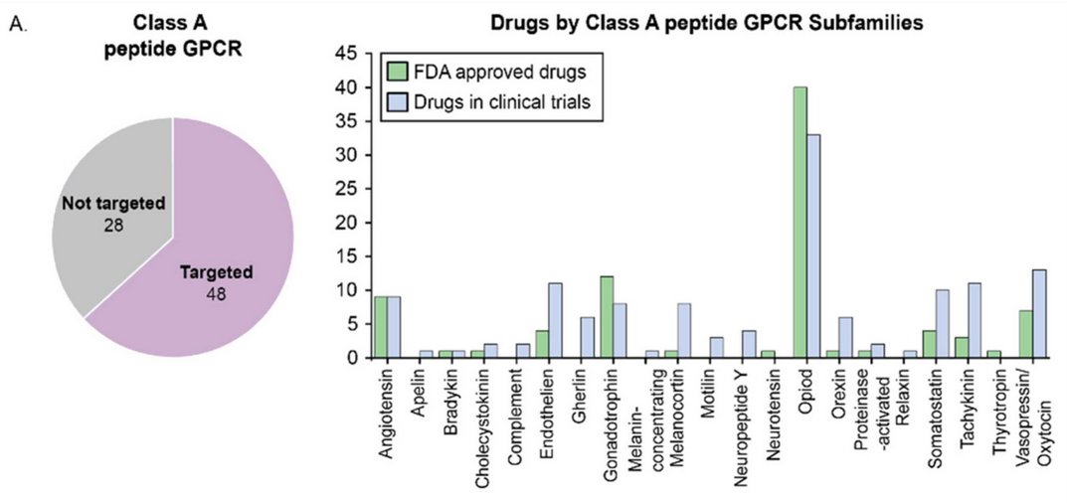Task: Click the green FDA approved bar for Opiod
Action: coord(800,223)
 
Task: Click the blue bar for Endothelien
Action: coord(556,321)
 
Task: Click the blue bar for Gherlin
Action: coord(588,338)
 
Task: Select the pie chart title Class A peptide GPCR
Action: coord(172,33)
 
